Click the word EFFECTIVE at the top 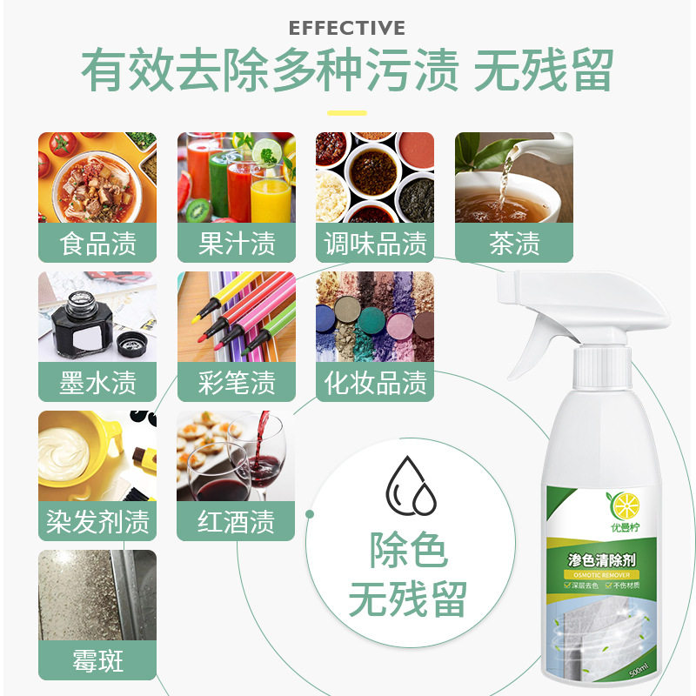[347, 28]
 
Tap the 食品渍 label [97, 244]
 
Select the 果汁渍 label [237, 244]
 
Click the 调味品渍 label [375, 244]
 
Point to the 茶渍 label [514, 244]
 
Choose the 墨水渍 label [97, 383]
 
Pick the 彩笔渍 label [237, 383]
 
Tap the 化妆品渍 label [375, 383]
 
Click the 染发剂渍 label [97, 522]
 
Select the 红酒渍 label [237, 522]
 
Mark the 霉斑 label [97, 662]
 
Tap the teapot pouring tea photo [514, 177]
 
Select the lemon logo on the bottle [626, 505]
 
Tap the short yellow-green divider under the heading [347, 112]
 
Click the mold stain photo [97, 596]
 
